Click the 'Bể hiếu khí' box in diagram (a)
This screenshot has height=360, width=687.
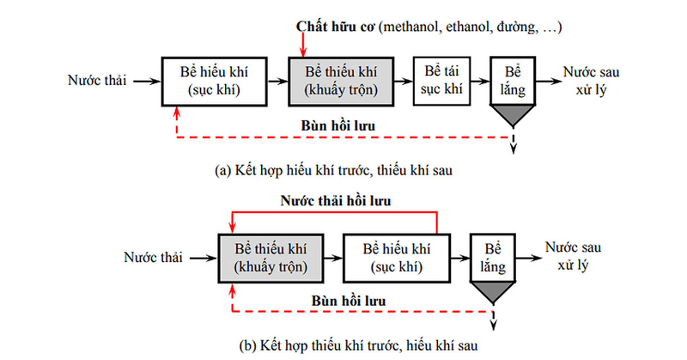coord(210,80)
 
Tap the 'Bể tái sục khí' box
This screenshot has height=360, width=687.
coord(441,80)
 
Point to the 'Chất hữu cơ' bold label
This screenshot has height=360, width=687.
coord(331,27)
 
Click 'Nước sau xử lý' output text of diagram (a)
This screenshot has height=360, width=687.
coord(588,81)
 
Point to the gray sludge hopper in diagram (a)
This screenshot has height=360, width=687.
coord(514,114)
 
